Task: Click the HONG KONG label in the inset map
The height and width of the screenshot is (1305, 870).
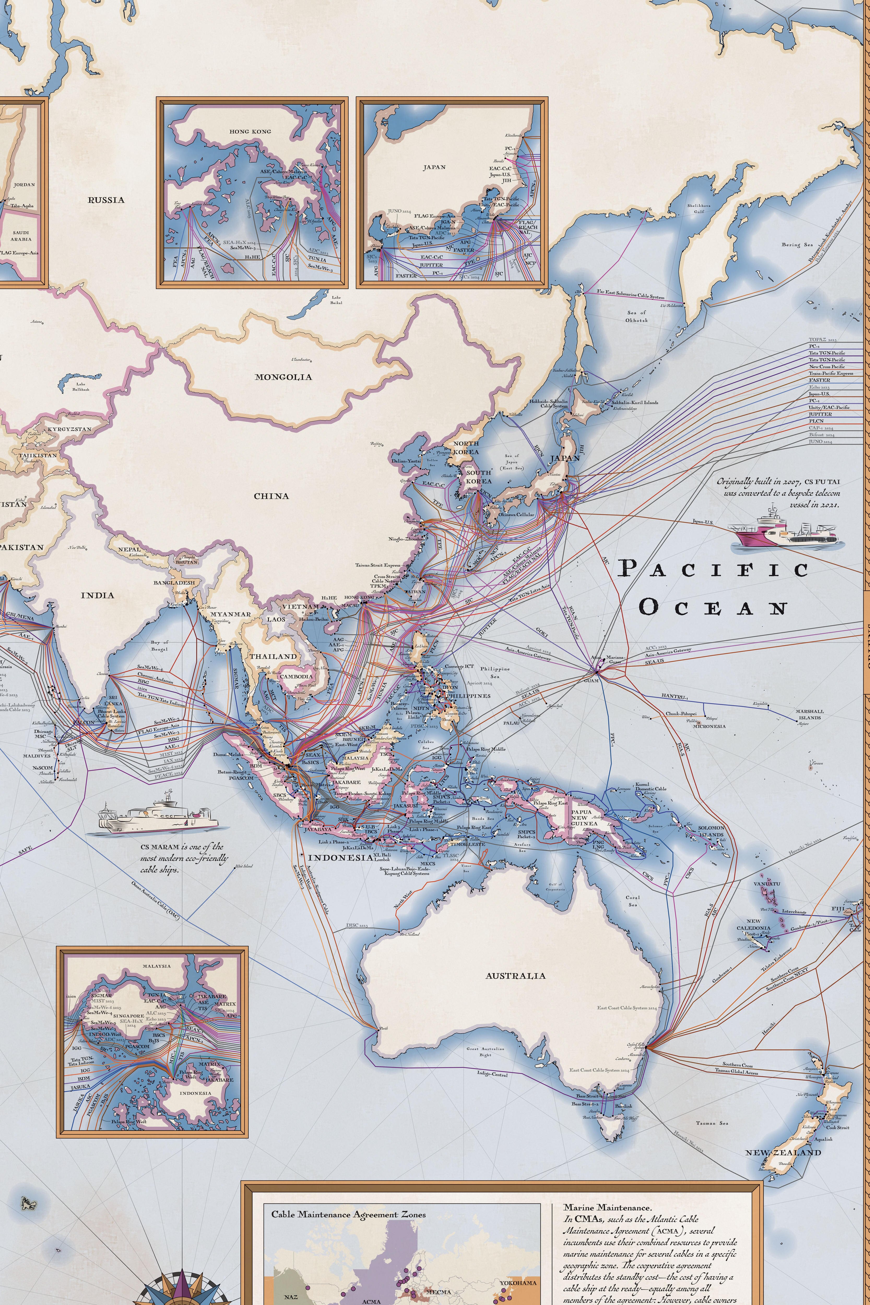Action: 250,132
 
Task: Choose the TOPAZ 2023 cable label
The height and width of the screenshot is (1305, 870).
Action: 822,339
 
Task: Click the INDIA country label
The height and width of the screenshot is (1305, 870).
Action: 98,595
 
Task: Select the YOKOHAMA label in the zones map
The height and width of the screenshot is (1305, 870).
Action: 518,1283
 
